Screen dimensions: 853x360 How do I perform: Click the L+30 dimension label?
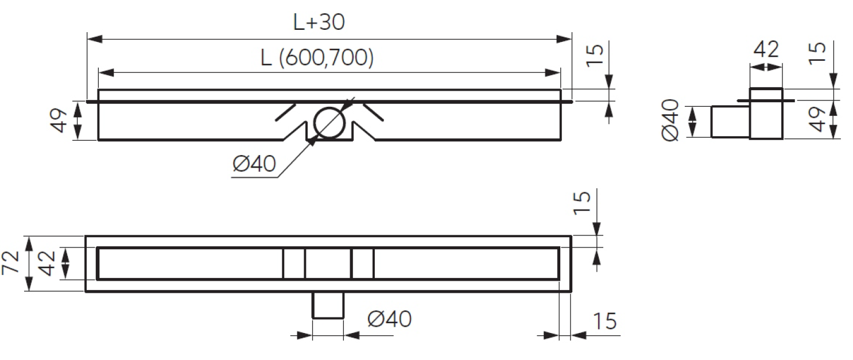(x=319, y=22)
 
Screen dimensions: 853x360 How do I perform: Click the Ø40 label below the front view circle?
(x=254, y=164)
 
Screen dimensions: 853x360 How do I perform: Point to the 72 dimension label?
(x=11, y=262)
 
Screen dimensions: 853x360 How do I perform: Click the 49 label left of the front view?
(x=59, y=121)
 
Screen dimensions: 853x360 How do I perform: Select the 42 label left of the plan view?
(x=47, y=263)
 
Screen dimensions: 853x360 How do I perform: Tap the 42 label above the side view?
(x=766, y=49)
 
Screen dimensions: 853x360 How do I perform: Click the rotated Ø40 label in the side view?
(x=670, y=121)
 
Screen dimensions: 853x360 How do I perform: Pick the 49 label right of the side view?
(x=816, y=119)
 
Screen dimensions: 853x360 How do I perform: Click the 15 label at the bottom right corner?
(x=604, y=321)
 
